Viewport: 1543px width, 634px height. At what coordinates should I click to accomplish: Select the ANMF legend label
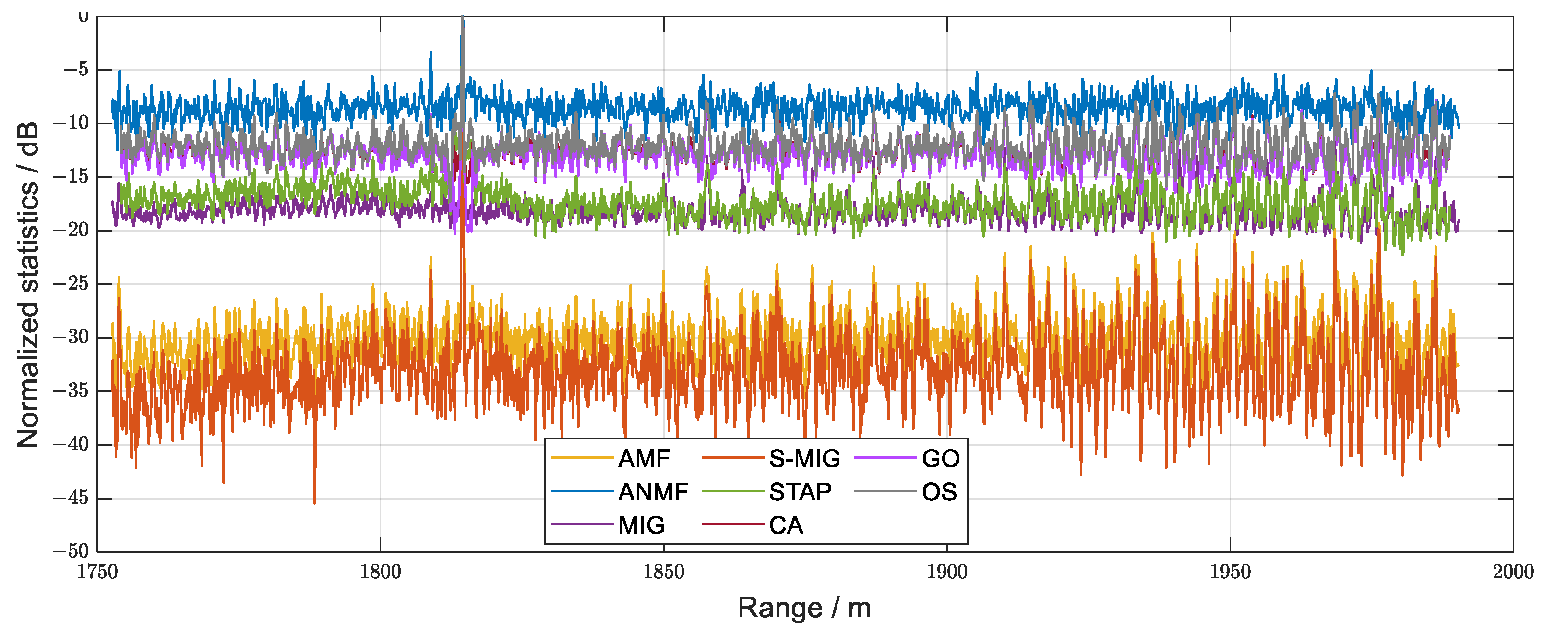653,492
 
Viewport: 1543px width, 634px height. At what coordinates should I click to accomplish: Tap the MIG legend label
641,525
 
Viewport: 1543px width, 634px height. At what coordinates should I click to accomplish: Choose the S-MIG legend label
804,459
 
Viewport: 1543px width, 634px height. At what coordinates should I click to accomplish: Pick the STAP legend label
800,492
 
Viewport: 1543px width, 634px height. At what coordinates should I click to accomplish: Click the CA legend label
786,525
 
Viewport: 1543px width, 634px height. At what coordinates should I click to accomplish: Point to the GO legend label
940,459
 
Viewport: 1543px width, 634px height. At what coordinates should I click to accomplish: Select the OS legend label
939,492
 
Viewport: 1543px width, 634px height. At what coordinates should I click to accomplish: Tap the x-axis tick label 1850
663,572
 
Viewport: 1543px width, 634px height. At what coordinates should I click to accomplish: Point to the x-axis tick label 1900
946,572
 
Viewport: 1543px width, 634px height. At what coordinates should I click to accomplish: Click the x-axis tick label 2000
1513,572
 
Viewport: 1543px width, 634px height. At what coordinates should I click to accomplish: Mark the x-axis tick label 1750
97,572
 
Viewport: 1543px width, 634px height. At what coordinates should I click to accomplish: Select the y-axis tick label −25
71,283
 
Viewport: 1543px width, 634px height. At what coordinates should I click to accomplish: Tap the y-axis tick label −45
71,498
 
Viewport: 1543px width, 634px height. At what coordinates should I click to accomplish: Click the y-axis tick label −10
71,123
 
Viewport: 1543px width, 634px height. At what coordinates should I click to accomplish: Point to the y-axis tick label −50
71,551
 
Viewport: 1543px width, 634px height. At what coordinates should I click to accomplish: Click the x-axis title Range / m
804,608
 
